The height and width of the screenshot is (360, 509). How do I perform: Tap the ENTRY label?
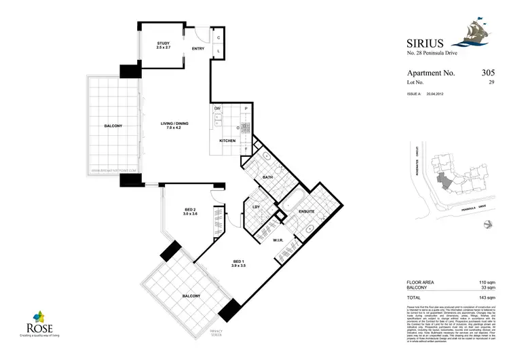click(198, 49)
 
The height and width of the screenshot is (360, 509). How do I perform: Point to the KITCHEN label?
click(227, 141)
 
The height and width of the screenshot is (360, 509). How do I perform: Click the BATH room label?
click(267, 178)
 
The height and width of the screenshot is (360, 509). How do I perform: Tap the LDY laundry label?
click(257, 206)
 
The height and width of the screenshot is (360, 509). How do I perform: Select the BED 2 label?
click(190, 209)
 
